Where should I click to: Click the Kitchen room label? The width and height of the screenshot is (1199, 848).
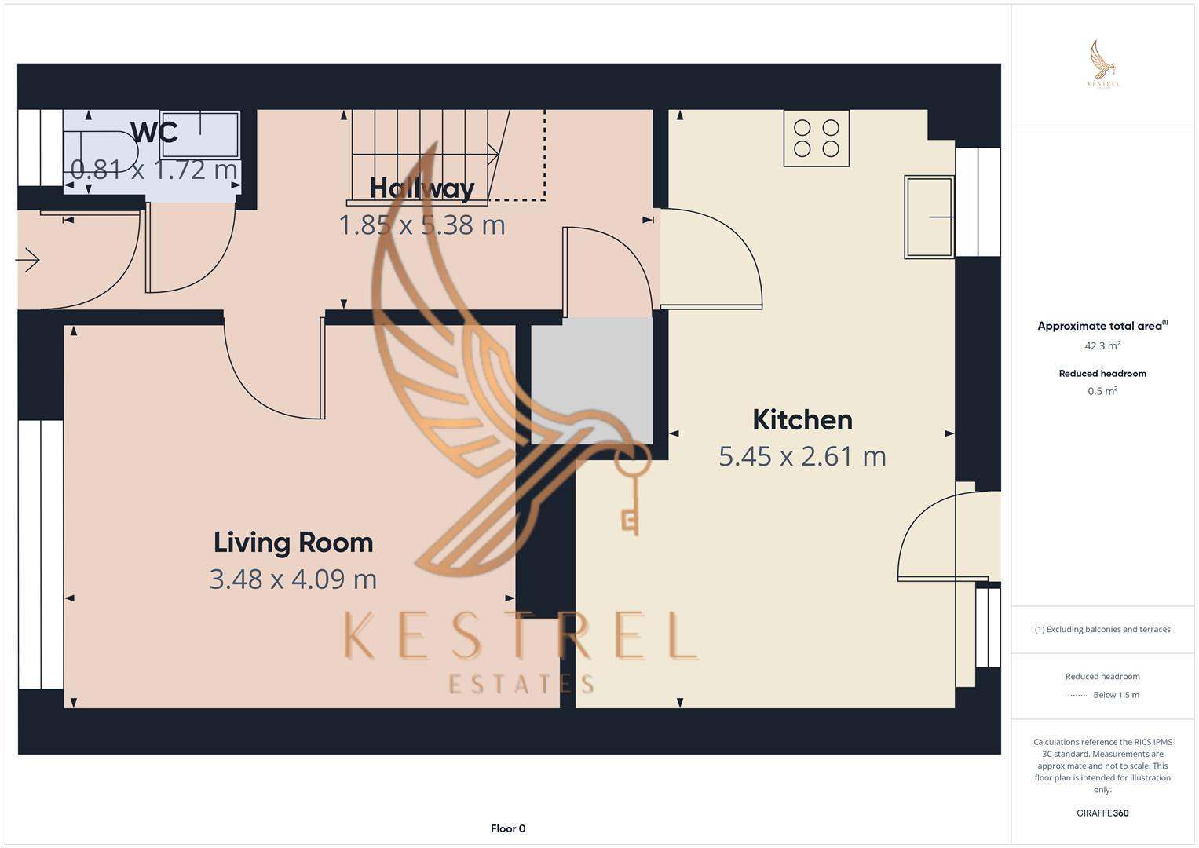click(x=802, y=420)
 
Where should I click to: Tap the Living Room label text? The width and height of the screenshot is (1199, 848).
click(x=294, y=543)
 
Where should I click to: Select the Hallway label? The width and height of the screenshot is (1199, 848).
click(x=422, y=188)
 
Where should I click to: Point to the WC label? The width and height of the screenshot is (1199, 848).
click(x=154, y=132)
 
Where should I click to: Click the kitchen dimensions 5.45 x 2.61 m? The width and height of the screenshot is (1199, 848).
click(x=802, y=457)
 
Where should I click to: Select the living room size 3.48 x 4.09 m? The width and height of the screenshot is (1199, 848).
click(x=294, y=579)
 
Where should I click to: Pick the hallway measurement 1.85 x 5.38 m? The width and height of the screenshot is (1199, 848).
click(x=422, y=225)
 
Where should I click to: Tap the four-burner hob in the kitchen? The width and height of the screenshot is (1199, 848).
click(x=817, y=138)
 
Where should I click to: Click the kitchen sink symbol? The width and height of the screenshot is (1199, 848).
click(x=929, y=217)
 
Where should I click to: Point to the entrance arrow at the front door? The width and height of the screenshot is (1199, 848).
click(x=27, y=261)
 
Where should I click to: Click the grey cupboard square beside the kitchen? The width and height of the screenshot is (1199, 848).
click(x=591, y=381)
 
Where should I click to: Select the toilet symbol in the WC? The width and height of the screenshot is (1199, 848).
click(x=101, y=152)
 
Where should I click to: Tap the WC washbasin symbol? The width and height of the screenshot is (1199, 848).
click(x=200, y=134)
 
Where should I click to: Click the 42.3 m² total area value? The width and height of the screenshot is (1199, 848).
click(x=1102, y=345)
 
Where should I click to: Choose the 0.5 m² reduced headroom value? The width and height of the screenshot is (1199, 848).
click(x=1102, y=391)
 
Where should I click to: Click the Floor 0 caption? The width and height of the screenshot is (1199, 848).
click(x=508, y=828)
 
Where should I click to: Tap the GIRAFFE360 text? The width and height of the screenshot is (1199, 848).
click(x=1102, y=813)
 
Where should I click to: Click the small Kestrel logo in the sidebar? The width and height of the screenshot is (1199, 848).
click(x=1103, y=64)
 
